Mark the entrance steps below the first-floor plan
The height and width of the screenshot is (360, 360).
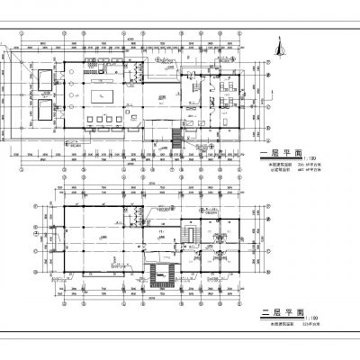[176, 140]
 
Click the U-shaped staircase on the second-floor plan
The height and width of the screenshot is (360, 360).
[165, 273]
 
